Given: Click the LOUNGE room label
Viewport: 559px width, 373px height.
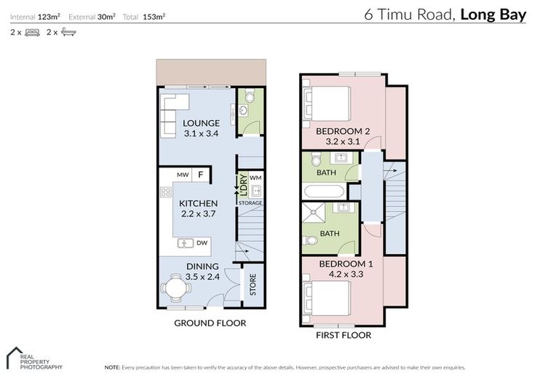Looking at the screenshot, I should coord(201,122).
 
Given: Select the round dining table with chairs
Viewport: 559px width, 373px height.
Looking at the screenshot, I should coord(176,288).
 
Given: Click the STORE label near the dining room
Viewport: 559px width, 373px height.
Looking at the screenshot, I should coord(253,284).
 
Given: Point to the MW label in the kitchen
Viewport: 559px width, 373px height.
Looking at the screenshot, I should coord(183,175).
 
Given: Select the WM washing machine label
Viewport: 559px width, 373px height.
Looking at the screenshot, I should coord(255,177).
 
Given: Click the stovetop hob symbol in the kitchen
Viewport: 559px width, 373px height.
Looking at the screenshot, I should coord(166,193).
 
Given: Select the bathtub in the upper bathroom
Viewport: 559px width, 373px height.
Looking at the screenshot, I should coord(325,192).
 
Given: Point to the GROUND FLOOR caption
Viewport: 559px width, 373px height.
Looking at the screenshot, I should coord(210,323).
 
